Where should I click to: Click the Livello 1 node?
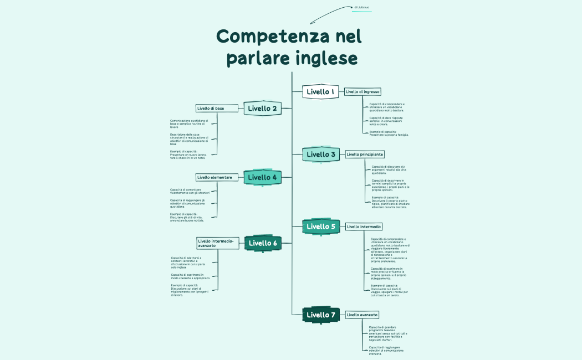320,91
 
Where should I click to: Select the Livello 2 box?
262,108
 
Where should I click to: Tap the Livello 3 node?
321,155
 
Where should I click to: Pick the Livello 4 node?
262,177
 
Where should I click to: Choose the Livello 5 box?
321,226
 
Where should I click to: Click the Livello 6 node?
263,243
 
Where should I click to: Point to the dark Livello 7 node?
321,315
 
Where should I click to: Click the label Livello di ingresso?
363,91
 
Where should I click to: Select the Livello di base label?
211,108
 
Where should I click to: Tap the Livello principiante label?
365,154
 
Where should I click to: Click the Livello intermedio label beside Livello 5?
364,227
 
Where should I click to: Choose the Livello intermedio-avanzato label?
217,243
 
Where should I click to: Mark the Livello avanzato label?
362,315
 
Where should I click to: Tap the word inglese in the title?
326,58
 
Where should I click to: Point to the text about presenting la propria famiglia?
389,133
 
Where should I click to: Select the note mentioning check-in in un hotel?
188,155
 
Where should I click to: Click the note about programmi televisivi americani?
388,333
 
